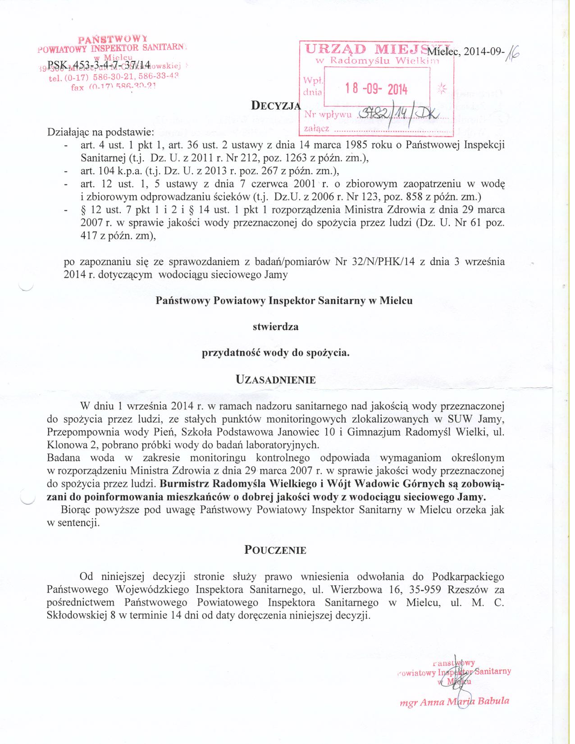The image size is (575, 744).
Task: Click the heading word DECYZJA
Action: (275, 106)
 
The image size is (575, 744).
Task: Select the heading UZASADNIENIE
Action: (276, 379)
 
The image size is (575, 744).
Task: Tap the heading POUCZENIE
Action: (275, 550)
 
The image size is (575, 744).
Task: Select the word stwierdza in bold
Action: (275, 326)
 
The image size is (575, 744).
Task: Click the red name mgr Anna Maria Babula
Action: (455, 702)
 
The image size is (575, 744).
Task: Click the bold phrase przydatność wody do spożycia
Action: (275, 353)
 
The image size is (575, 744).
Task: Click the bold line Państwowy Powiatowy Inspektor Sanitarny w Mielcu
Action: (284, 300)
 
